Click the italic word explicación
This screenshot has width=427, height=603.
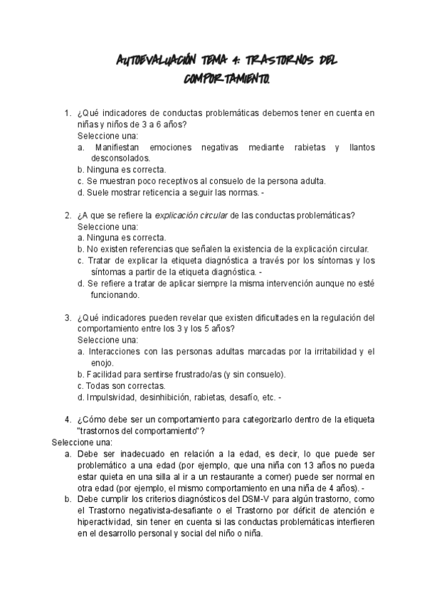181,215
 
